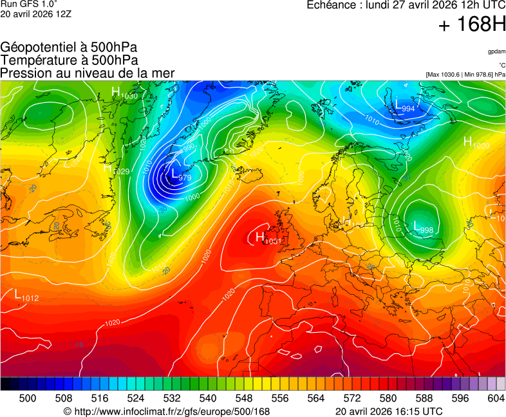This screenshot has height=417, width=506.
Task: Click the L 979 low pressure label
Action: click(x=180, y=174)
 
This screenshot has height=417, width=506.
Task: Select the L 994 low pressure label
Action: click(x=404, y=107)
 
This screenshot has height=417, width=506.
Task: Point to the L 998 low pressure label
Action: click(x=422, y=227)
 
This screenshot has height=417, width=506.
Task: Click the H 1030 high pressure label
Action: click(x=124, y=93)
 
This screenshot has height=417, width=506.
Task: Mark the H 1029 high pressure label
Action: click(x=117, y=169)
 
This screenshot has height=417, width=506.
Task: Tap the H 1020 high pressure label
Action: click(x=476, y=144)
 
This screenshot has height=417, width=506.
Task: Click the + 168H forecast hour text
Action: click(x=472, y=25)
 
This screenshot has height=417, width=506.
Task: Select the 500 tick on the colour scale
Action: click(x=28, y=398)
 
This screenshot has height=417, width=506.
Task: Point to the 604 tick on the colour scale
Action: click(x=496, y=398)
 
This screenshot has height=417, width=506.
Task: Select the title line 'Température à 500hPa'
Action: click(x=69, y=60)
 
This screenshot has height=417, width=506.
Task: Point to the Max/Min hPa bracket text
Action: click(x=465, y=75)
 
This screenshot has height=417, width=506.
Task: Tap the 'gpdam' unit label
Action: click(x=496, y=51)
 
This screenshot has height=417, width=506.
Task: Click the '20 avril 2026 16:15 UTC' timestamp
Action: click(x=389, y=411)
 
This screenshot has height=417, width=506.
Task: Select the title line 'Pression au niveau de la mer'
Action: click(x=88, y=73)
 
